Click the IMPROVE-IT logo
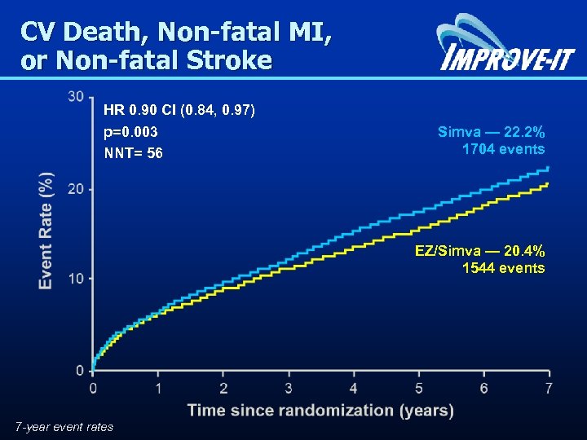tap(505, 45)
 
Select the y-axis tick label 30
tap(76, 97)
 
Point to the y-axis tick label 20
tap(76, 188)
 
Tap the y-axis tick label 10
tap(76, 279)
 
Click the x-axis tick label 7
tap(549, 387)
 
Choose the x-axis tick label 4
tap(353, 387)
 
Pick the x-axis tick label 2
tap(223, 387)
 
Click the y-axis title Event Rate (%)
tap(46, 230)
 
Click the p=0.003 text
tap(130, 132)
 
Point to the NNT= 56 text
tap(133, 152)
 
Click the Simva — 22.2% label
tap(491, 132)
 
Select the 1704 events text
tap(503, 149)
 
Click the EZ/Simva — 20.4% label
tap(479, 250)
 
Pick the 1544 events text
tap(503, 267)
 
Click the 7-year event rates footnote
tap(64, 426)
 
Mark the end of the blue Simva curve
tap(548, 168)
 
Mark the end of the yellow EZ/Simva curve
tap(548, 184)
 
